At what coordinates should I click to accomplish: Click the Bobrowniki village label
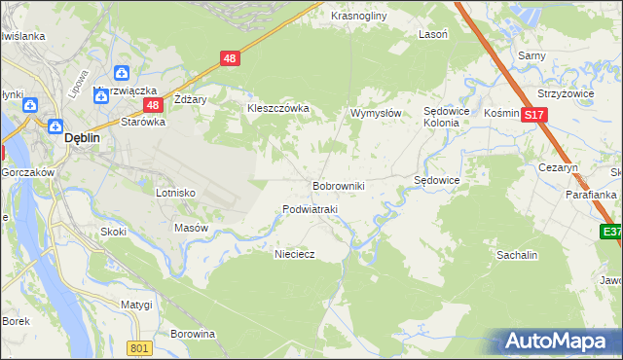click(338, 185)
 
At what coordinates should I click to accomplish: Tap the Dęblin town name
click(83, 138)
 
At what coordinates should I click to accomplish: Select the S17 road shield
click(532, 115)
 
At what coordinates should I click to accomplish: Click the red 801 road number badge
click(141, 348)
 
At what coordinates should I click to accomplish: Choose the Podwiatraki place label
click(310, 209)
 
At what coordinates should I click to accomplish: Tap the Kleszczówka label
click(277, 108)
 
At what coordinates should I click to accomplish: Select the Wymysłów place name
click(376, 113)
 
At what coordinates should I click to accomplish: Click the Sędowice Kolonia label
click(447, 118)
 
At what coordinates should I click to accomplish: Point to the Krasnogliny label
click(359, 17)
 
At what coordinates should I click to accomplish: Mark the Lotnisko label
click(176, 193)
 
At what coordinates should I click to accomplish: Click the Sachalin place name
click(517, 254)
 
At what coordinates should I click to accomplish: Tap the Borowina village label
click(192, 334)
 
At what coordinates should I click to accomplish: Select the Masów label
click(191, 228)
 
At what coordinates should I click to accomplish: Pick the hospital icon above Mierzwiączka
click(122, 73)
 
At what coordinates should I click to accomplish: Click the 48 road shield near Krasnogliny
click(229, 58)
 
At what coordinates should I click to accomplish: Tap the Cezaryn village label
click(559, 167)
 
